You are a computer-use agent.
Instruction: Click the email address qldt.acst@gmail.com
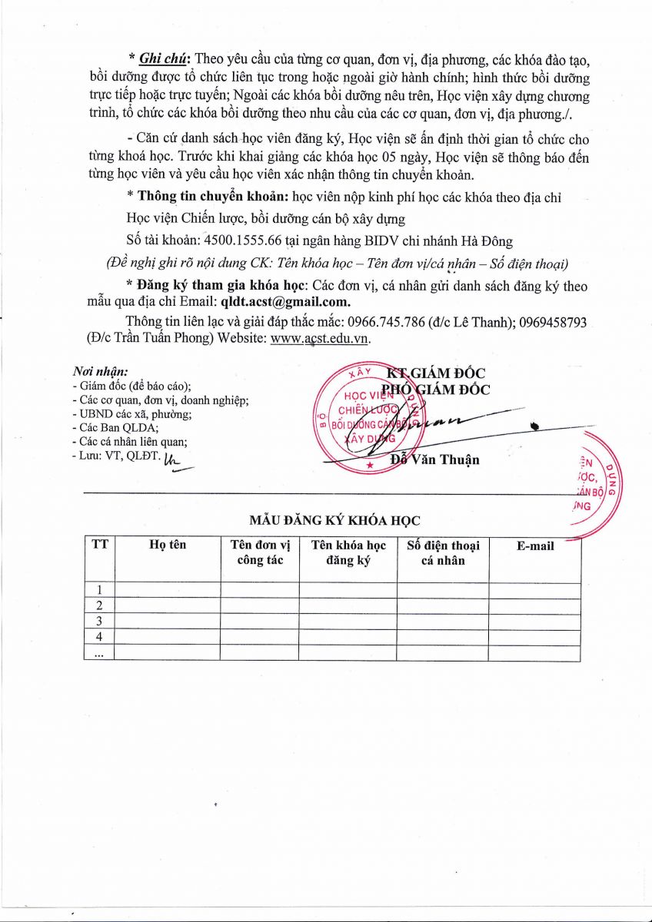point(286,301)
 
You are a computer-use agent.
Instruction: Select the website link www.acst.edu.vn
point(321,339)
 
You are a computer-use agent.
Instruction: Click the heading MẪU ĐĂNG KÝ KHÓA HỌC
point(334,521)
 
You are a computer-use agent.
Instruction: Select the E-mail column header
point(534,546)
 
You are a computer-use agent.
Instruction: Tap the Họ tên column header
point(168,545)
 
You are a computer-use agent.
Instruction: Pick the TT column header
point(99,545)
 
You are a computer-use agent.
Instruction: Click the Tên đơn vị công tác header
point(259,552)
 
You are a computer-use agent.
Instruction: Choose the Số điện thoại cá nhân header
point(443,552)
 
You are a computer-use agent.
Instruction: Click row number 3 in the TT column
point(98,621)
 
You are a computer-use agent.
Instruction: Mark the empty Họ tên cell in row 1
point(168,590)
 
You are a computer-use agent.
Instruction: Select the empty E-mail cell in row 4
point(534,637)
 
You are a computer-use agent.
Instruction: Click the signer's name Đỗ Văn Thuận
point(434,460)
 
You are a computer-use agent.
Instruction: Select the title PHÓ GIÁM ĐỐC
point(436,390)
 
